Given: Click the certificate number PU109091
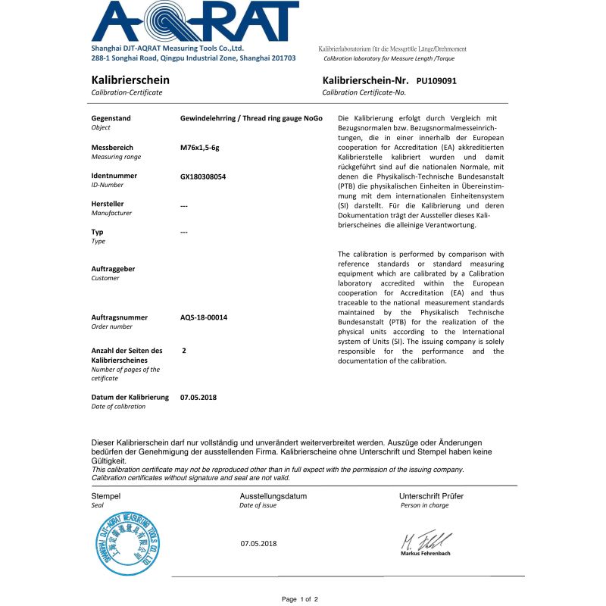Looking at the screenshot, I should pos(436,80).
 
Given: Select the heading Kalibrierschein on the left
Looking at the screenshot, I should pos(130,80).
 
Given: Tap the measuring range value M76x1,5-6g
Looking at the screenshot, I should pos(200,147).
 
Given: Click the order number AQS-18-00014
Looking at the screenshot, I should pos(204,317).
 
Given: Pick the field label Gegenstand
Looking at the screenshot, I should pos(111,118).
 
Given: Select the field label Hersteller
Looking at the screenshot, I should pos(108,204).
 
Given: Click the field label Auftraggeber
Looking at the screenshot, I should pos(113,269).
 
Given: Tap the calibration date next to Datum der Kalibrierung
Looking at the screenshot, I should pos(198,397).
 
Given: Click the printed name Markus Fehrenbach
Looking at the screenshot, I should pos(425,554).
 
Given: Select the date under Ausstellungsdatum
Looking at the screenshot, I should pos(259,543).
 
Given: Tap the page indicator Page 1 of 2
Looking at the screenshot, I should pos(300,599).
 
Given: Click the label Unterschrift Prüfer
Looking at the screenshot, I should pos(431,496).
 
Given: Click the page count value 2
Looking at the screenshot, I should pos(184,351).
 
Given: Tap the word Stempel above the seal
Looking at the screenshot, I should pos(106,496).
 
